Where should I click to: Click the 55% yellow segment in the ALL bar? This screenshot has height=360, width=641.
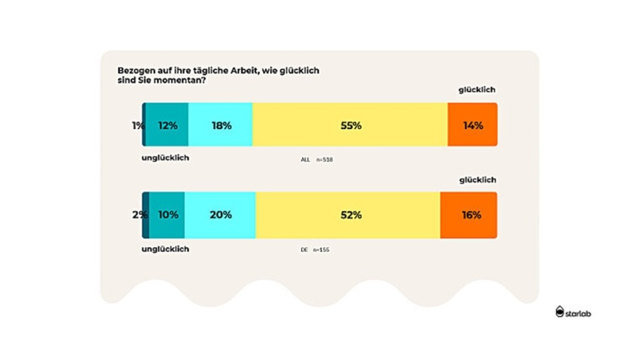(350, 126)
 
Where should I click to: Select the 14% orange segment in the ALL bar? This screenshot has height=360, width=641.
(472, 126)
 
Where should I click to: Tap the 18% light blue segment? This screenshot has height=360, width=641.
(221, 126)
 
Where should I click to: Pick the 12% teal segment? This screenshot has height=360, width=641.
(167, 126)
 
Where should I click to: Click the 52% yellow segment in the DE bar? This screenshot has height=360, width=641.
(347, 215)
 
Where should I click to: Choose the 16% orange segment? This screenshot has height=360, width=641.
(469, 215)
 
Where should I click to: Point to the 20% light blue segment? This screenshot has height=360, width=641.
(220, 215)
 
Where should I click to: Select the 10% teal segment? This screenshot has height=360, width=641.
(167, 215)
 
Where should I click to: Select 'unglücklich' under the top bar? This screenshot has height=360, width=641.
(164, 158)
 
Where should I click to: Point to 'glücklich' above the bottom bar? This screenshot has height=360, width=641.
(477, 180)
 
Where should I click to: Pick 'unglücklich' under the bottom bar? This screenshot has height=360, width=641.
(165, 249)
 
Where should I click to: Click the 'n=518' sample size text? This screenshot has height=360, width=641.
(325, 159)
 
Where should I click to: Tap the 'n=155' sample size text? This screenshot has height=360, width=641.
(321, 250)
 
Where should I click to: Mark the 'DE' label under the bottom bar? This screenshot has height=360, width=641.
(304, 250)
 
